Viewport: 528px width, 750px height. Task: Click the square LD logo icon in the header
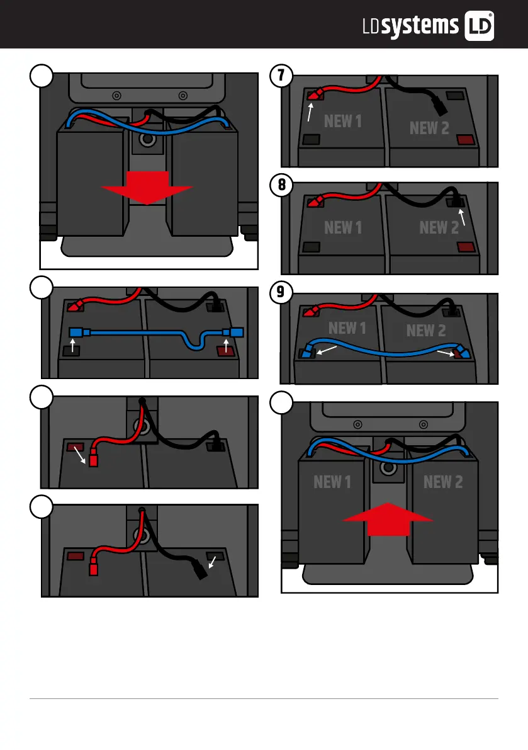click(478, 26)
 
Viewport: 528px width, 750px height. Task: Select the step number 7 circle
click(281, 76)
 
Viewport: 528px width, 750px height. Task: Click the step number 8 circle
click(281, 185)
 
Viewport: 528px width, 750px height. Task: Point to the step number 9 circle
click(281, 293)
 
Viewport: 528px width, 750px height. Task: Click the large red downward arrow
click(147, 186)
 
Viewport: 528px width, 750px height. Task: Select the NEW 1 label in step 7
click(342, 122)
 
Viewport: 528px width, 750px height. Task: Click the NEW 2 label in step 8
click(439, 227)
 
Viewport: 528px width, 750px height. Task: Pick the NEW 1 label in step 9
click(347, 328)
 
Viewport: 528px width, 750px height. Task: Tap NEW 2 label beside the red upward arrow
click(443, 482)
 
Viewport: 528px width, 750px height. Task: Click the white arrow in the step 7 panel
click(310, 112)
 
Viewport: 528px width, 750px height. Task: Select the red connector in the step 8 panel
click(315, 202)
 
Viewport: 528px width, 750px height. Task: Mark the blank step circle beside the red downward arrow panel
click(41, 77)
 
